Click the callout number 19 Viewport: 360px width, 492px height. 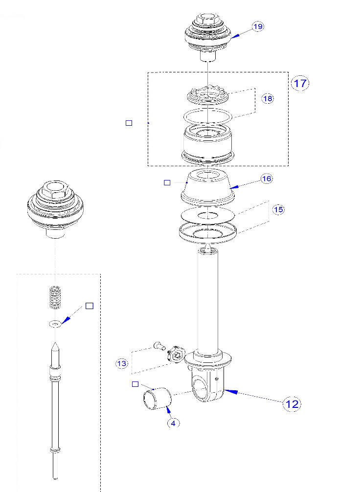(x=258, y=27)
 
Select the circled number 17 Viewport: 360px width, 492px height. (x=300, y=83)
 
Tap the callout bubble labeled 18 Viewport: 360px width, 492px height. (x=268, y=98)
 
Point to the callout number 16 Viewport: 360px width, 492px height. (x=266, y=179)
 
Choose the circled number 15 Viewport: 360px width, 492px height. (x=278, y=209)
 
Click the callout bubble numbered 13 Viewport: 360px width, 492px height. (x=122, y=363)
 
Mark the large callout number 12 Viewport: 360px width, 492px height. (x=292, y=404)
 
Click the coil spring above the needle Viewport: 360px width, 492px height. (x=55, y=297)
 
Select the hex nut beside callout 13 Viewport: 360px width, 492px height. (x=176, y=354)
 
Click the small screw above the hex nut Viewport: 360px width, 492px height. (x=157, y=345)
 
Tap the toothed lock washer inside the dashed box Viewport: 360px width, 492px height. (x=207, y=93)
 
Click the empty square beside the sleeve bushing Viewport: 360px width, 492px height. (x=135, y=384)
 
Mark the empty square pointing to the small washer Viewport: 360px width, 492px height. (x=89, y=306)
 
